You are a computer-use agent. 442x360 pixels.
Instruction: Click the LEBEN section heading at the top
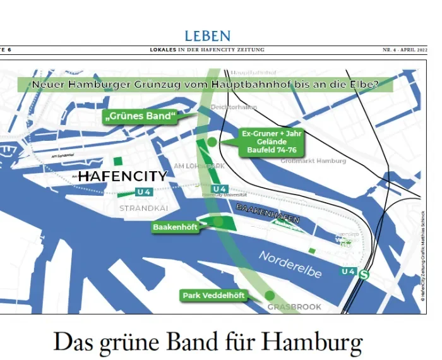coord(207,36)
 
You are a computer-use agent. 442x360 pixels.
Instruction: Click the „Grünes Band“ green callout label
coord(139,116)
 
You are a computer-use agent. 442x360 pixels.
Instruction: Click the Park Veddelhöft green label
coord(213,295)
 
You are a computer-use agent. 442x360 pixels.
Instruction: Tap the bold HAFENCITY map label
coord(122,176)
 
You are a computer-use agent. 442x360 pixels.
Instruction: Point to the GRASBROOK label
coord(295,307)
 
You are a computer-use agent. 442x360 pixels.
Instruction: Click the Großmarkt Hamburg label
coord(313,161)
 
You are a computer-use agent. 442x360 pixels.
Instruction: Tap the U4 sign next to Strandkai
coord(143,192)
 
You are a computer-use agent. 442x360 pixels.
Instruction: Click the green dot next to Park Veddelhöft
coord(270,295)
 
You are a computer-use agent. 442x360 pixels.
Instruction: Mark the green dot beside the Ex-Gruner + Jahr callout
coord(212,142)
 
